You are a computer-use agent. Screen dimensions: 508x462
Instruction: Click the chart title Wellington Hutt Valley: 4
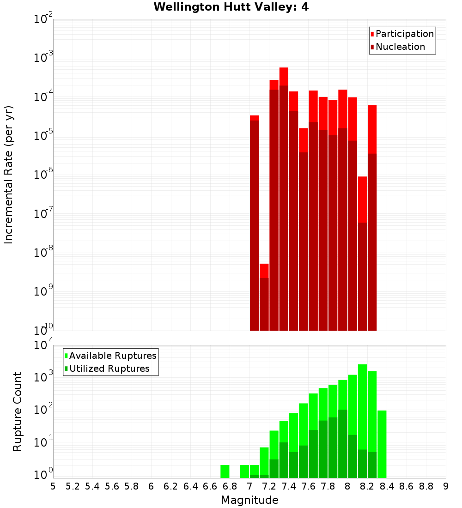[x=231, y=7]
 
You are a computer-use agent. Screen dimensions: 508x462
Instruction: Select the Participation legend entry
[x=404, y=34]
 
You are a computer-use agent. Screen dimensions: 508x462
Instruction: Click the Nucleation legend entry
[x=400, y=47]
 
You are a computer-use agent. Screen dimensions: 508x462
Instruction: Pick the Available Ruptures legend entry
[x=112, y=356]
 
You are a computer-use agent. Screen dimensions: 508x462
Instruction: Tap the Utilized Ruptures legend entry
[x=109, y=369]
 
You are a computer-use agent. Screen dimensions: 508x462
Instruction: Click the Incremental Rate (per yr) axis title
[x=9, y=175]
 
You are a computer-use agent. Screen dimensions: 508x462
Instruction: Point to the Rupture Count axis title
[x=18, y=411]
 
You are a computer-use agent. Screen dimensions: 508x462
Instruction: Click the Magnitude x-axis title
[x=249, y=500]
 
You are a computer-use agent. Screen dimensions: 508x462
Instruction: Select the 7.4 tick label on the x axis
[x=289, y=486]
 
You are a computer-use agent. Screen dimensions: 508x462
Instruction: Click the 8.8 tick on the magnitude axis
[x=426, y=486]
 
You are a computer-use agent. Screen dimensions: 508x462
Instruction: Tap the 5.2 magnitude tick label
[x=73, y=486]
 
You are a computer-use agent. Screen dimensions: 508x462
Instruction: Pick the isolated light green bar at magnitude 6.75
[x=225, y=471]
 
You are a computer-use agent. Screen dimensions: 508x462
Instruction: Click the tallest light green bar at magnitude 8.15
[x=362, y=406]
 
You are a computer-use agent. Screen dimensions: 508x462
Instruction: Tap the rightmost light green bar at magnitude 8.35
[x=382, y=443]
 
